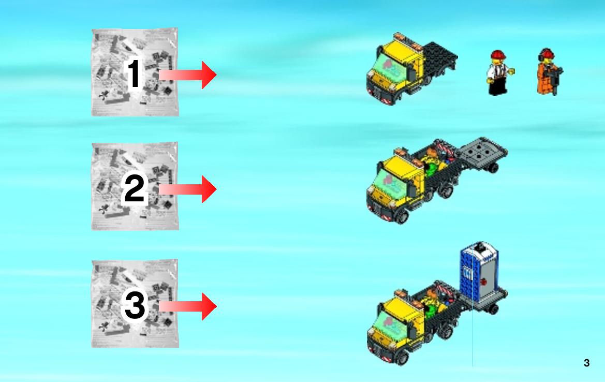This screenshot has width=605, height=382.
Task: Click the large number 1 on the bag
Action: (134, 74)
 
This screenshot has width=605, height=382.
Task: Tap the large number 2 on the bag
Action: (134, 188)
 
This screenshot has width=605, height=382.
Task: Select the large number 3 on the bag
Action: (135, 305)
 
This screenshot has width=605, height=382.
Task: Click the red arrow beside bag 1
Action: (187, 75)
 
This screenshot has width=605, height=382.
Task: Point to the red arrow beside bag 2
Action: (187, 189)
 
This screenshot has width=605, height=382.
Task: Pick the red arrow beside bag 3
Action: (187, 306)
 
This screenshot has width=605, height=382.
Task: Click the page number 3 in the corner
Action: (586, 363)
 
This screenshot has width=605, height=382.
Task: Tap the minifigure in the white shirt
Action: (498, 72)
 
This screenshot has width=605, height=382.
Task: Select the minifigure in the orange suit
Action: (549, 72)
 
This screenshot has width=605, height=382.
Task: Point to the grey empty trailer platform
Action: (483, 151)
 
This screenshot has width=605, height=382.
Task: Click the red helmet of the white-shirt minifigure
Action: (498, 55)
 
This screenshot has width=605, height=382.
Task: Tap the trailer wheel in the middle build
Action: (492, 168)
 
